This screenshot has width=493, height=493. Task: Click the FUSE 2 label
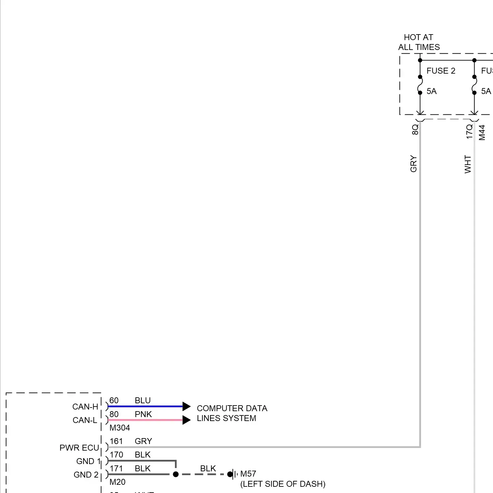(x=441, y=71)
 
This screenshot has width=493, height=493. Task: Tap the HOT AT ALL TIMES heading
(x=419, y=42)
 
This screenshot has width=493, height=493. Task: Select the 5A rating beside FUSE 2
(x=432, y=91)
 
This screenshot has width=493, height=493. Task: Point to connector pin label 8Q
(x=415, y=129)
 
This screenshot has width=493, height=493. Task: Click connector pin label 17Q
(x=469, y=131)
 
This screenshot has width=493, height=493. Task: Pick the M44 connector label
(x=482, y=132)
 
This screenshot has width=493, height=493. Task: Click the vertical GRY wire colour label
(x=413, y=164)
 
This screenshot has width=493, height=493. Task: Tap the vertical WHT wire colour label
(x=468, y=164)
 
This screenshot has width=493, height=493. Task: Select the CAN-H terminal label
(x=85, y=407)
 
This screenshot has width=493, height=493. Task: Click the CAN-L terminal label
(x=85, y=420)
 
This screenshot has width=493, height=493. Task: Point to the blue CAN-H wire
(x=145, y=407)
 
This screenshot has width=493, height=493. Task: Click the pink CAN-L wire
(x=145, y=420)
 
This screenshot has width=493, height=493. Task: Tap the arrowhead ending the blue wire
(x=186, y=407)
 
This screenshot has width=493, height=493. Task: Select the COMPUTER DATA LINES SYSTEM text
(x=232, y=413)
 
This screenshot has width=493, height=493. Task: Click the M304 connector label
(x=120, y=428)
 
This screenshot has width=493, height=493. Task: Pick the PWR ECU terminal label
(x=79, y=448)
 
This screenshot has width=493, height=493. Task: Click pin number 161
(x=116, y=441)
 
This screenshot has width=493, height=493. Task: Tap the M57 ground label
(x=248, y=474)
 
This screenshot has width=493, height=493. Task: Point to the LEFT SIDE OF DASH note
(x=283, y=484)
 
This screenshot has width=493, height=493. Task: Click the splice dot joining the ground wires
(x=176, y=474)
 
